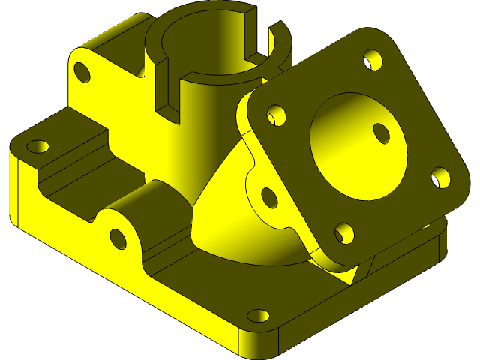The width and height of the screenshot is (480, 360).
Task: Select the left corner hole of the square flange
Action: click(x=277, y=115)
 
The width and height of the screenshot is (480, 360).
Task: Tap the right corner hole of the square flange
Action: click(x=441, y=177)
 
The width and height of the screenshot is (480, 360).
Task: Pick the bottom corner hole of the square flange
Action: click(x=344, y=233)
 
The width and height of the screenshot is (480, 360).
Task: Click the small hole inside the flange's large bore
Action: click(x=381, y=133)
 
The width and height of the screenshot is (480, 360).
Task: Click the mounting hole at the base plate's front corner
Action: click(x=258, y=315)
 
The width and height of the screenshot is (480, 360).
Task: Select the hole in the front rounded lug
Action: click(x=118, y=238)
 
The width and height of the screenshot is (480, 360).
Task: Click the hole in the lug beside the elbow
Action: click(x=268, y=196)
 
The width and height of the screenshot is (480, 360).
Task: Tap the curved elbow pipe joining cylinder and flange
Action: click(x=225, y=210)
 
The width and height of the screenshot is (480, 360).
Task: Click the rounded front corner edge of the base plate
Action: click(x=259, y=341)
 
